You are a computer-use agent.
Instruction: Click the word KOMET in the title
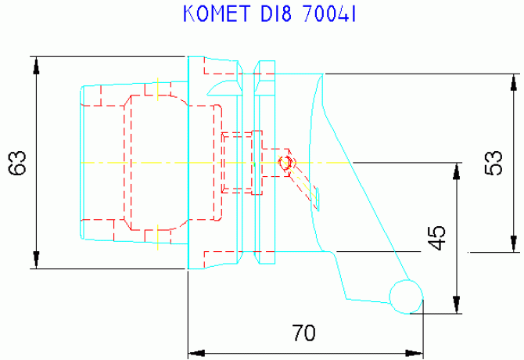pyautogui.click(x=217, y=14)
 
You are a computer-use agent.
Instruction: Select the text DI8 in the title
pyautogui.click(x=276, y=14)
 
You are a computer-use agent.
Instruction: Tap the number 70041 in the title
pyautogui.click(x=329, y=14)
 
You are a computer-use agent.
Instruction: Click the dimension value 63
pyautogui.click(x=17, y=163)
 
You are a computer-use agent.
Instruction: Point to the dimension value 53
pyautogui.click(x=493, y=163)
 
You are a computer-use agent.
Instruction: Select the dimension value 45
pyautogui.click(x=436, y=238)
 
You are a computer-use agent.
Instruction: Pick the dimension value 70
pyautogui.click(x=303, y=333)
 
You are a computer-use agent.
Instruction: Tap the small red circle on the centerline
pyautogui.click(x=285, y=163)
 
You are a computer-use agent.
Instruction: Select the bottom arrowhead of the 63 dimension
pyautogui.click(x=37, y=260)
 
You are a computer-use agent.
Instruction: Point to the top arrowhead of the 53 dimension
pyautogui.click(x=514, y=82)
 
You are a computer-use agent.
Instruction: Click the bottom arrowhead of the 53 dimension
pyautogui.click(x=514, y=243)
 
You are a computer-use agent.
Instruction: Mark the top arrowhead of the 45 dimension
pyautogui.click(x=457, y=171)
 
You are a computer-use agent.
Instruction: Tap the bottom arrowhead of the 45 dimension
pyautogui.click(x=457, y=305)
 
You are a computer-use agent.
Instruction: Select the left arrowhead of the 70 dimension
pyautogui.click(x=196, y=353)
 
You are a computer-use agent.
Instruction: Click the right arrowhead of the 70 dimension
pyautogui.click(x=415, y=353)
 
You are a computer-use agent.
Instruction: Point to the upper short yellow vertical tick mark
pyautogui.click(x=157, y=89)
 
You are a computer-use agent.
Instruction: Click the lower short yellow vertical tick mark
pyautogui.click(x=157, y=237)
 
